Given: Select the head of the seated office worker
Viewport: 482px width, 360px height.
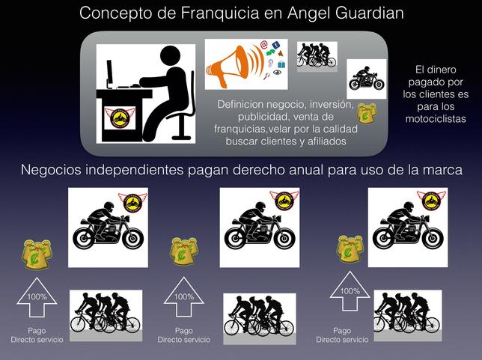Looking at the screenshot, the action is (x=170, y=55).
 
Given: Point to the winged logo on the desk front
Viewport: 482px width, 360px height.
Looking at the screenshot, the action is (x=120, y=118).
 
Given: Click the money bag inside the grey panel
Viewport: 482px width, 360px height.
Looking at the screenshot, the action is (x=367, y=113).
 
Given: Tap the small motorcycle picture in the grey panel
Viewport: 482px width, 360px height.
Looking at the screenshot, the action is (x=367, y=79).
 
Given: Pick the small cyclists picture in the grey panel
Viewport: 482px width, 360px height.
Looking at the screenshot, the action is (x=317, y=57).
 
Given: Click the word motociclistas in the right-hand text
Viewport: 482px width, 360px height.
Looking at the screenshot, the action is (x=436, y=119).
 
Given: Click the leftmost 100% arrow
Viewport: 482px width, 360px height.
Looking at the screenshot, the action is (x=37, y=297).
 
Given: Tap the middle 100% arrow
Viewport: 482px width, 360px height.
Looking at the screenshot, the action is (x=184, y=296).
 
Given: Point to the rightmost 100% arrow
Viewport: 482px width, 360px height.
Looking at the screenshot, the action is (x=350, y=291).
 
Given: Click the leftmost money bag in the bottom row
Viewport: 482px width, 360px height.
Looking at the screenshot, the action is (x=37, y=254).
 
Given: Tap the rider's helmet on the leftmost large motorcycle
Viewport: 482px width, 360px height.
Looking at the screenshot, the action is (x=109, y=207).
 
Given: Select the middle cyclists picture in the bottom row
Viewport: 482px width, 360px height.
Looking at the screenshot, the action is (x=260, y=319).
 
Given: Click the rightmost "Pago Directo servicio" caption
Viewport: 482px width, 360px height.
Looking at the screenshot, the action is (x=342, y=335).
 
